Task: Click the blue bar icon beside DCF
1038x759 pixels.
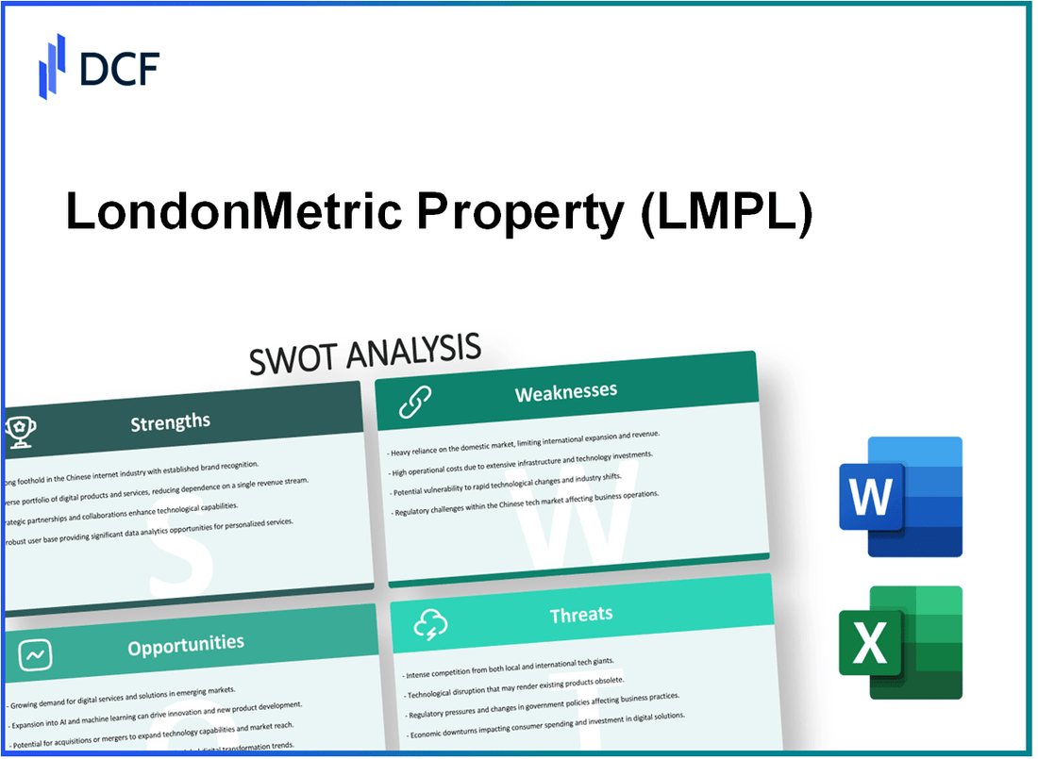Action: (x=52, y=66)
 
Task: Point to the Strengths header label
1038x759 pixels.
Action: (x=170, y=421)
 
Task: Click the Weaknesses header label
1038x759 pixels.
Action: (x=566, y=392)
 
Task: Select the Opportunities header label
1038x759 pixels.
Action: (x=185, y=646)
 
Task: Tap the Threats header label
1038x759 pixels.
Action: (x=581, y=615)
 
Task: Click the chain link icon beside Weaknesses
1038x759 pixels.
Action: (x=414, y=400)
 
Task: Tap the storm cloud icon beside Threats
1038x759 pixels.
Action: (x=429, y=623)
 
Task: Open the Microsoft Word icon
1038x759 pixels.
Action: (x=900, y=497)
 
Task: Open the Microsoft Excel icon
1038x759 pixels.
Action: (x=900, y=642)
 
